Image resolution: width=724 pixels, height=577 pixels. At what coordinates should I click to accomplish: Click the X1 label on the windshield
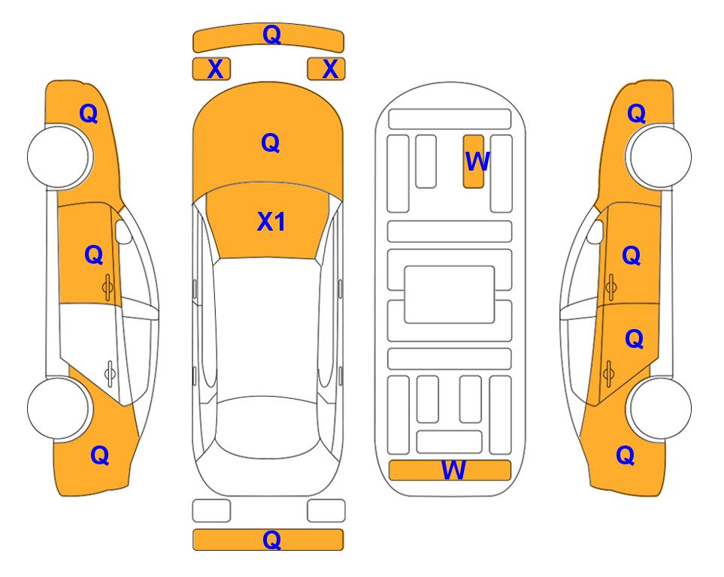pos(271,222)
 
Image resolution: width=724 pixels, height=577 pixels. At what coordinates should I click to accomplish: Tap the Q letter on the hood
pos(271,143)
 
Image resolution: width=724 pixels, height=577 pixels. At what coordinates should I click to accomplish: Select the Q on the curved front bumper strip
pos(271,35)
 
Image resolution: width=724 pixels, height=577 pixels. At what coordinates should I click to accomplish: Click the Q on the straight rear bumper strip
pos(271,539)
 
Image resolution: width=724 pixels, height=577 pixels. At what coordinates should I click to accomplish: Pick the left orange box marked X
pos(211,69)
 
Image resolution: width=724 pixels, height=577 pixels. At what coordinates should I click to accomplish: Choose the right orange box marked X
pos(326,69)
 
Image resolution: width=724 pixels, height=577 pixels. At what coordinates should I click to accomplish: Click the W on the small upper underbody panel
pos(477,162)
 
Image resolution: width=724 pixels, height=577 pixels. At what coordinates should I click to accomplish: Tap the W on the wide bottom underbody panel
pos(453,470)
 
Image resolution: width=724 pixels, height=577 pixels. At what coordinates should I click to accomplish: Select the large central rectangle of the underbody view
pos(450,295)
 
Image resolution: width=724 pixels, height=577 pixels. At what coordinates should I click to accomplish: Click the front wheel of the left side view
pos(59,157)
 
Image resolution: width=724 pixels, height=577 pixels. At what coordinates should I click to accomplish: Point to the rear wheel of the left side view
pos(59,408)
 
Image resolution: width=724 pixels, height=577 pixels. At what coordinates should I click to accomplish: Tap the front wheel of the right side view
pos(660,157)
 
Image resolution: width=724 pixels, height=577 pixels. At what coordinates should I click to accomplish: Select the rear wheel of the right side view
pos(660,408)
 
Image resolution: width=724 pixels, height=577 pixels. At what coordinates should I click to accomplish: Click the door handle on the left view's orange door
pos(108,287)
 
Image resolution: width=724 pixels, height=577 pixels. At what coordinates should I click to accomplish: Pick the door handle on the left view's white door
pos(110,373)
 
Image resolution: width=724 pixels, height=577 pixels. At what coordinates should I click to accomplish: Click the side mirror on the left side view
pos(123,231)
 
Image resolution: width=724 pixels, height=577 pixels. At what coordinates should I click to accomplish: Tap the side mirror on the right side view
pos(595,231)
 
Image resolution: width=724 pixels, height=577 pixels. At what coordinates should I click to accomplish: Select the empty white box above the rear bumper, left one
pos(211,511)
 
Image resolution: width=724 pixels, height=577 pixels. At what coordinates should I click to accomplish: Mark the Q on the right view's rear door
pos(635,340)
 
